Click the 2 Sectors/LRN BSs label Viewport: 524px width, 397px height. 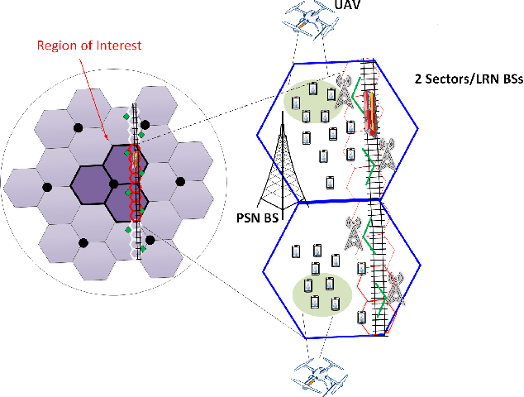tap(465, 79)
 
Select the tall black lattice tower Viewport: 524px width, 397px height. tap(279, 165)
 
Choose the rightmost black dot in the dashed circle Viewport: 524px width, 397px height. tap(177, 180)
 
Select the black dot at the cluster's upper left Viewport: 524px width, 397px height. tap(79, 127)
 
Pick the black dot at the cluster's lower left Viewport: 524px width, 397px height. tap(83, 241)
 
